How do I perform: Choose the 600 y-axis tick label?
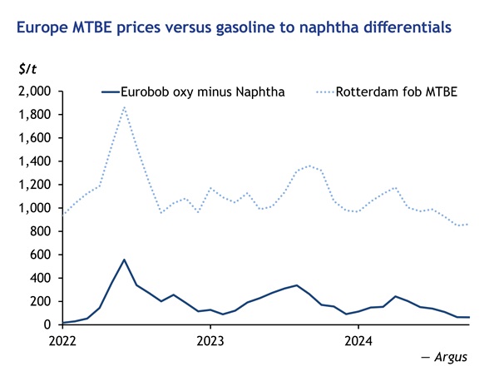coord(41,255)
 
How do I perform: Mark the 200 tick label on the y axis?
coord(41,301)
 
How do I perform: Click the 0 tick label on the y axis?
coord(48,324)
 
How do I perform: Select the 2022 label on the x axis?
coord(62,340)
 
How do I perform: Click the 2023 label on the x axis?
coord(210,340)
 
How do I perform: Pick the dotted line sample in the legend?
coord(324,92)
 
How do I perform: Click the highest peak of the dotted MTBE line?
coord(124,106)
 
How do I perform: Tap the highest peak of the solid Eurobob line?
coord(124,260)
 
